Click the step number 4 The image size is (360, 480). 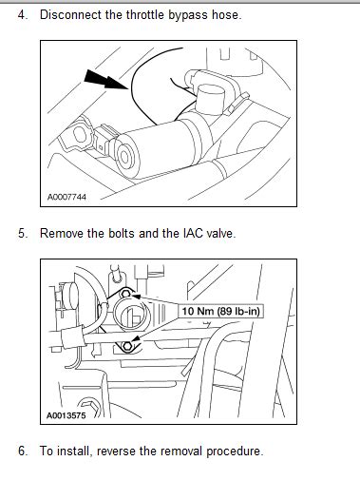[23, 15]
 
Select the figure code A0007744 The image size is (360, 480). [66, 197]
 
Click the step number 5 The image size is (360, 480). [23, 234]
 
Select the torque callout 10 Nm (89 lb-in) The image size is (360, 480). [221, 311]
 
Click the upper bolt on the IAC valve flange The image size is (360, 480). [125, 294]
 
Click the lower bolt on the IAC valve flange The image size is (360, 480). [127, 346]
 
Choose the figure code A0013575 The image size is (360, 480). [66, 415]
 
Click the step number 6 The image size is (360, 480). [23, 451]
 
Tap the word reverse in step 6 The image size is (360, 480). [116, 451]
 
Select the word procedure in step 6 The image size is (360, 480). [235, 451]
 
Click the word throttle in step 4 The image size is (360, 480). [145, 15]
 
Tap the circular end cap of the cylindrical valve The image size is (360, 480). [126, 156]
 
